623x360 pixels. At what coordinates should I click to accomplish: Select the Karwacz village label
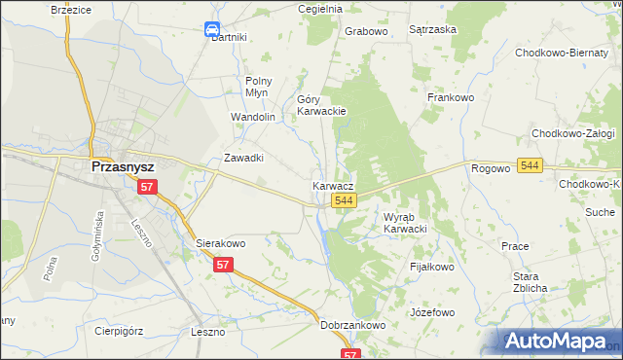(x=333, y=185)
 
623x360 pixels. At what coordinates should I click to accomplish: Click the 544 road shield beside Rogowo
(x=530, y=167)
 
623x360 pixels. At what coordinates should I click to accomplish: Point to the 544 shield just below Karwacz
(x=342, y=200)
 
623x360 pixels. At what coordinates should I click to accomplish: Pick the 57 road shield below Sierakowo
(x=224, y=265)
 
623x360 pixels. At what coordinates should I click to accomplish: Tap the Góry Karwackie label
(x=321, y=105)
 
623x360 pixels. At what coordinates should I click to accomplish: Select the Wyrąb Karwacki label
(x=405, y=223)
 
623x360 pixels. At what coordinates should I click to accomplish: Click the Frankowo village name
(x=450, y=97)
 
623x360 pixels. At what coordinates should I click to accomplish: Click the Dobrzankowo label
(x=353, y=325)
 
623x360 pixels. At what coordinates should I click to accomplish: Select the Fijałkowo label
(x=432, y=266)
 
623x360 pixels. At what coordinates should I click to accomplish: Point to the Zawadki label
(x=244, y=158)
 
